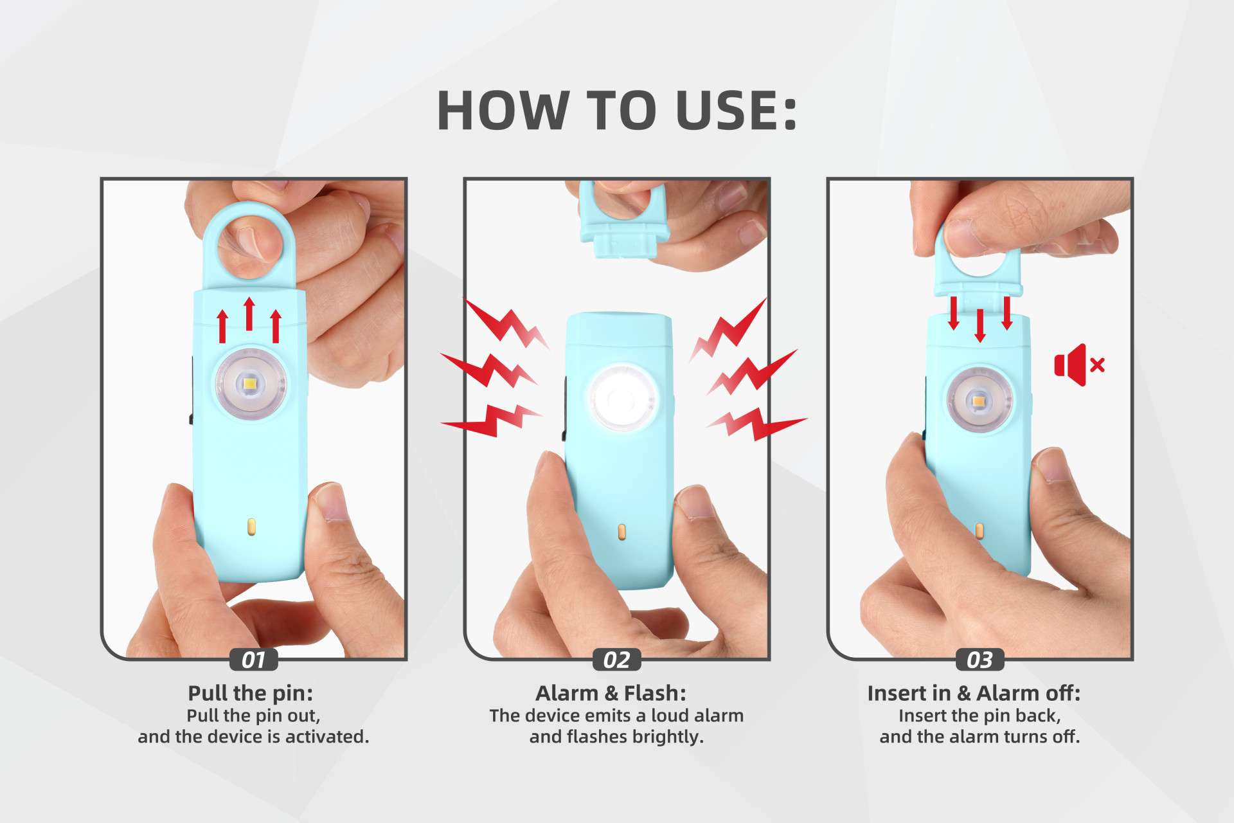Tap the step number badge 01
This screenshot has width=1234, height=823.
point(253,660)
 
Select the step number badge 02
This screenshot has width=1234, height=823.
point(616,660)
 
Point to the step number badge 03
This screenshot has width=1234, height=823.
point(979,660)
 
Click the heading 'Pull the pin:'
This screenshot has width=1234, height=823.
point(251,693)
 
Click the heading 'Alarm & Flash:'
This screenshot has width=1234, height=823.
point(611,693)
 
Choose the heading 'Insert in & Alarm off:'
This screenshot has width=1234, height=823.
point(974,693)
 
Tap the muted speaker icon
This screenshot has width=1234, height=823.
point(1078,365)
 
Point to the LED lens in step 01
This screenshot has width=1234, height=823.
point(250,384)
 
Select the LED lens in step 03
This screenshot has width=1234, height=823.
point(979,401)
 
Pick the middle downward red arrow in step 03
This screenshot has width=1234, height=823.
point(979,325)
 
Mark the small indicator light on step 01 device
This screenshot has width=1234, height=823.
point(251,527)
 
